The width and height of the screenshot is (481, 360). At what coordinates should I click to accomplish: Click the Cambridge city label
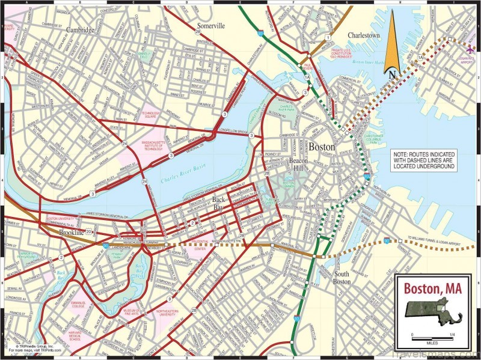[x=80, y=29]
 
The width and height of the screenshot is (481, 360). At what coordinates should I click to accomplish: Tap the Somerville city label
[x=210, y=26]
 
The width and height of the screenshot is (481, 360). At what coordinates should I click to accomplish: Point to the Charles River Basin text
[x=183, y=178]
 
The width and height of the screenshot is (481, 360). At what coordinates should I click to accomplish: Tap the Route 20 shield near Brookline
[x=89, y=231]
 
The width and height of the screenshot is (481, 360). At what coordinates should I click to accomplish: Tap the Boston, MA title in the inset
[x=432, y=287]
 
